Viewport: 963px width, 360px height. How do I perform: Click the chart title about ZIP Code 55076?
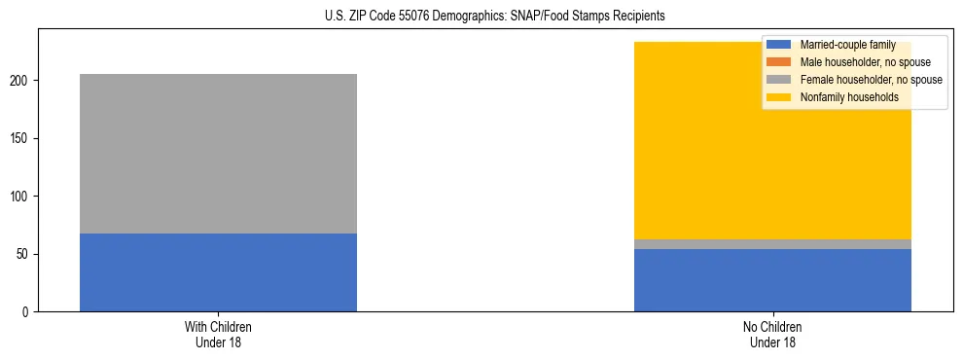(x=481, y=17)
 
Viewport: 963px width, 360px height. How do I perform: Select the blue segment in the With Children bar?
(x=218, y=272)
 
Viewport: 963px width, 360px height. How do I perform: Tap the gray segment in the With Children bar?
(x=218, y=154)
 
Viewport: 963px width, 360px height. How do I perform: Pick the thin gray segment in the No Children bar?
(x=772, y=244)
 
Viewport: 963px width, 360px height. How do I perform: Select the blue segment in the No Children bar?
(x=772, y=280)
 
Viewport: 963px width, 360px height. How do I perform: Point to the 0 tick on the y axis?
(x=27, y=312)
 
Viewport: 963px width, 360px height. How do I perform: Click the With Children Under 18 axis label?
(x=218, y=334)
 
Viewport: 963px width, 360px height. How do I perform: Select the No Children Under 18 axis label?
(x=772, y=334)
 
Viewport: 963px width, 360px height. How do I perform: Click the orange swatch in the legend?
(x=778, y=62)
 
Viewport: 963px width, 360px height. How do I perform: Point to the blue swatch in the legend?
(x=778, y=45)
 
